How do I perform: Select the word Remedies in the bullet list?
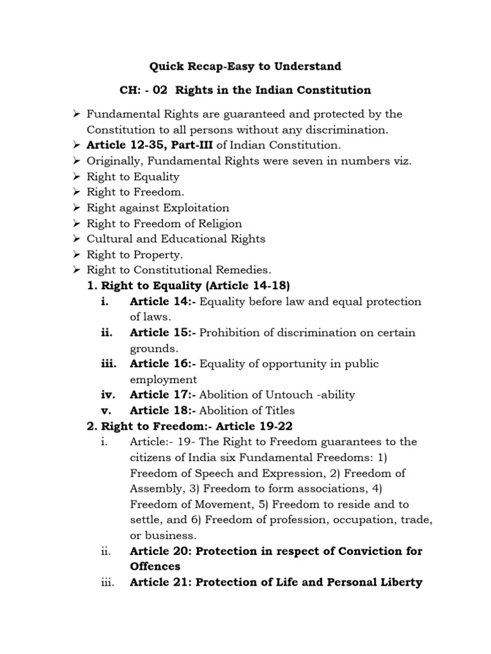tap(245, 270)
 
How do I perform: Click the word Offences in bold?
tap(155, 566)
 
